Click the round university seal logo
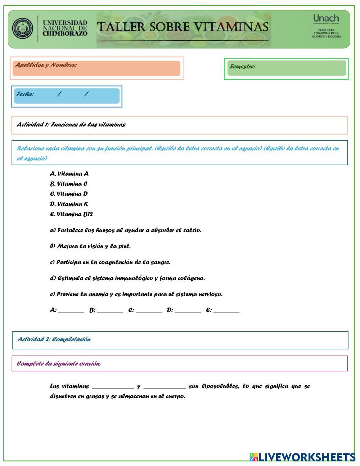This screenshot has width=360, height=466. (x=22, y=29)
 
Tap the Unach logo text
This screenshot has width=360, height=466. (x=326, y=18)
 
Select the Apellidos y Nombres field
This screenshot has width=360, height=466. (x=96, y=68)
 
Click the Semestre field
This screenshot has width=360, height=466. (x=287, y=68)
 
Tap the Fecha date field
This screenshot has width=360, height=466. (x=67, y=96)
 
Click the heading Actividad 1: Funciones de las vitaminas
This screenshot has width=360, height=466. (x=71, y=125)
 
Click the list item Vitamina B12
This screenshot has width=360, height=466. (x=72, y=214)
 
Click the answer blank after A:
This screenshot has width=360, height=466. (x=71, y=310)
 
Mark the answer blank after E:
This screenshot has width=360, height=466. (x=226, y=310)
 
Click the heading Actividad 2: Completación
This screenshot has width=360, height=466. (x=54, y=339)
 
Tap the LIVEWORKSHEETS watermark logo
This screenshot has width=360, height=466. (x=302, y=457)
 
